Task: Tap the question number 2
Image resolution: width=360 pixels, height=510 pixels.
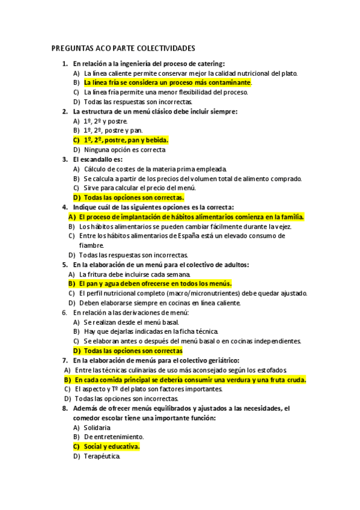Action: pos(64,111)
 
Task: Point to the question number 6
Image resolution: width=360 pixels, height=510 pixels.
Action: pos(64,312)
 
